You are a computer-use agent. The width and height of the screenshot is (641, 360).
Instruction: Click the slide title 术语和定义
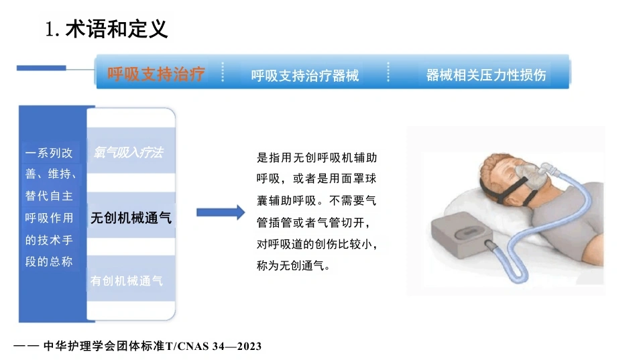(117, 29)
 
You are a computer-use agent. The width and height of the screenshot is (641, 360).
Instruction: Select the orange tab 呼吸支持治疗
(156, 74)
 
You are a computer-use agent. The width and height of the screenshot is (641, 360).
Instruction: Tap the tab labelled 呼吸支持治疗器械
(305, 75)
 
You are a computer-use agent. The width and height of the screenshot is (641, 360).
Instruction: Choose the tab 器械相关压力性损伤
(486, 75)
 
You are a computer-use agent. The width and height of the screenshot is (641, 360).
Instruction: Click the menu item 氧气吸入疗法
(128, 152)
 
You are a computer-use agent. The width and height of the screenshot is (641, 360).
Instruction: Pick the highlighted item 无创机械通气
(131, 217)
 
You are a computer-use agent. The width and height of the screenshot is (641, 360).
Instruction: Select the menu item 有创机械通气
(126, 281)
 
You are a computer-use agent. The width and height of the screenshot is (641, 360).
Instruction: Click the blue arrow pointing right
(221, 212)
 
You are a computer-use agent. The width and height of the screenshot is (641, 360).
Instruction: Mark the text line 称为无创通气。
(293, 265)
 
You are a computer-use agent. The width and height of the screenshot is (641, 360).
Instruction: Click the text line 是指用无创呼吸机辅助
(317, 158)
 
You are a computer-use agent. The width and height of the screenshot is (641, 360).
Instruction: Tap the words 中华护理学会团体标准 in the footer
(104, 346)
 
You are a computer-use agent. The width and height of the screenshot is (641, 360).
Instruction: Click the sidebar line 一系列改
(49, 153)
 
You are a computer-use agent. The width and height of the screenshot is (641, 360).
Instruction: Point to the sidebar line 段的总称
(49, 261)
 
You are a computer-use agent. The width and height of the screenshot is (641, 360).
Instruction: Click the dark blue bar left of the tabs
(42, 68)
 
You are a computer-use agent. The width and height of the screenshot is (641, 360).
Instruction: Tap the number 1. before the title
(52, 29)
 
